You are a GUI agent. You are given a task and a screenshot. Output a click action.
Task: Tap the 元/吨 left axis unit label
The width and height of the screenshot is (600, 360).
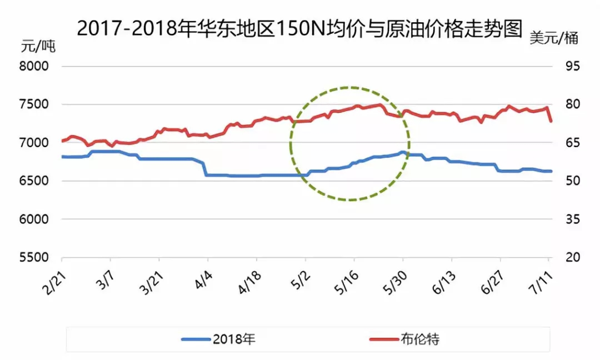point(38,47)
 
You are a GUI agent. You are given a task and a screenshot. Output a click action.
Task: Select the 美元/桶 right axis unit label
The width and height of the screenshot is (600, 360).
point(554,38)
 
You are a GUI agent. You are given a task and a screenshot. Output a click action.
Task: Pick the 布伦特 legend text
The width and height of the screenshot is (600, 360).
point(419,339)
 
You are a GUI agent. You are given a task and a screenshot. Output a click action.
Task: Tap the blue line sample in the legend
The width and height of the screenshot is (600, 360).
point(194,339)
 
